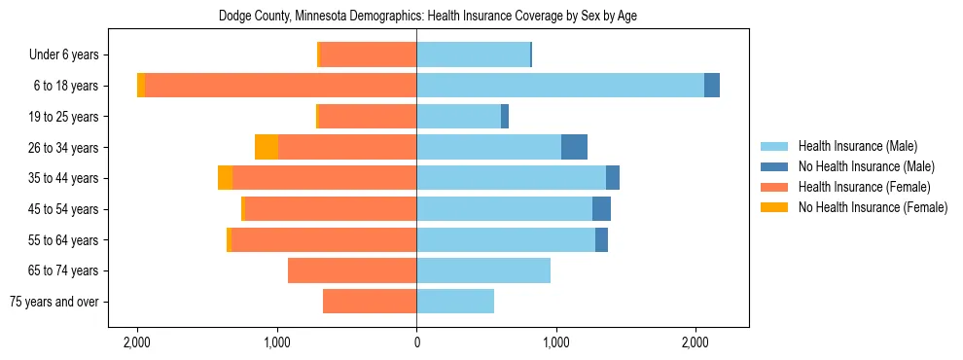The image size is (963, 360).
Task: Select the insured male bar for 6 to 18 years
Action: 560,85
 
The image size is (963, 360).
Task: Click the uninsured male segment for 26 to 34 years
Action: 574,147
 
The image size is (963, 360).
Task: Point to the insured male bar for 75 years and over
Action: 455,302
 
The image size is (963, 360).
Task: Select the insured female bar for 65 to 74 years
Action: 352,270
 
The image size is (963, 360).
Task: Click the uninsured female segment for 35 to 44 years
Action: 225,178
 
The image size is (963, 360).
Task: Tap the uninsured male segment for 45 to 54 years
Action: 601,208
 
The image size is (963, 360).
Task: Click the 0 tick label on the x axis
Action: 416,342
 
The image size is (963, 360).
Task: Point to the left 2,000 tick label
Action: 137,342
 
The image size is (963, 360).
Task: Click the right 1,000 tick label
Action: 556,342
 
